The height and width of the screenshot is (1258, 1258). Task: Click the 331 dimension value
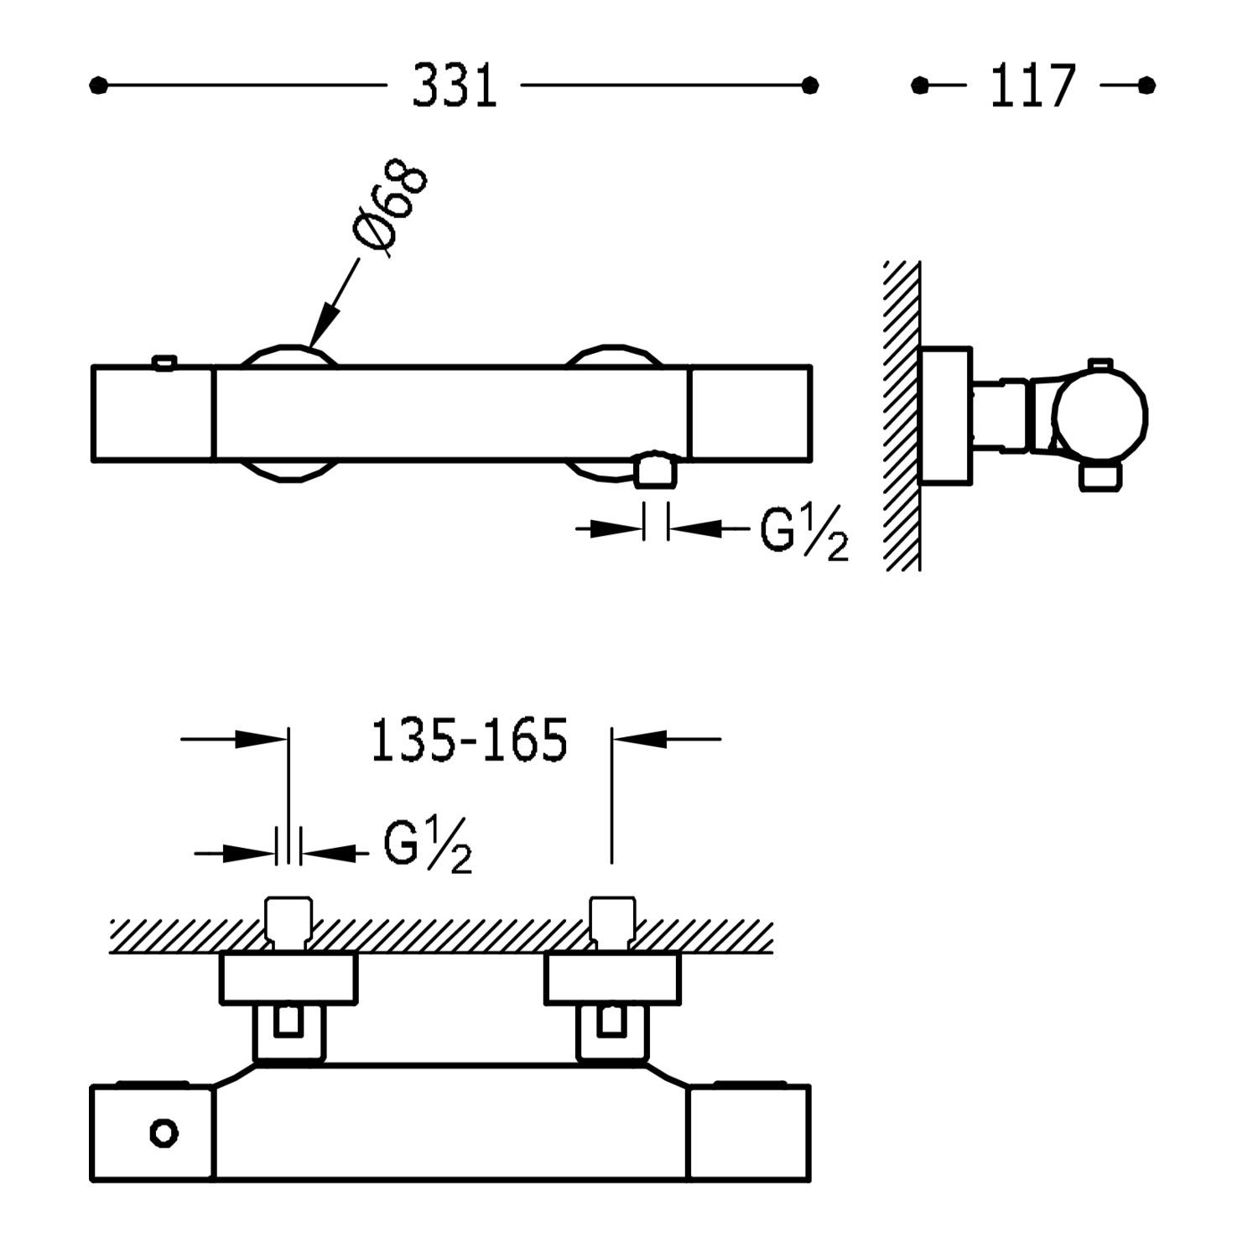point(454,86)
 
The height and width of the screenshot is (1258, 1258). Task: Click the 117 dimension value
point(1032,86)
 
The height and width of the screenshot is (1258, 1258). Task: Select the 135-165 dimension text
point(469,741)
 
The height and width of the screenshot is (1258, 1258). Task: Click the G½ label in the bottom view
point(427,847)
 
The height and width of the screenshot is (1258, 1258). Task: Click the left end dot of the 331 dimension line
point(98,86)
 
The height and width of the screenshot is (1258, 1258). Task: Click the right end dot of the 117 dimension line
point(1147,86)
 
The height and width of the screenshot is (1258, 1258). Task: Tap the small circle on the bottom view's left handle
point(164,1134)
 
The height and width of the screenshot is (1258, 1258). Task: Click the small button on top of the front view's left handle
point(164,362)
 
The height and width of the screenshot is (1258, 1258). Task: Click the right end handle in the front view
point(750,413)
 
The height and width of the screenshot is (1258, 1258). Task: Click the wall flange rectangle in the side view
point(945,415)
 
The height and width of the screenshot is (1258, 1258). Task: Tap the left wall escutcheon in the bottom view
point(289,979)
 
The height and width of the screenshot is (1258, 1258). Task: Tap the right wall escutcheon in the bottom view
point(612,979)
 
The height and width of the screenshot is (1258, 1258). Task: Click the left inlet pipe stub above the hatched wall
point(289,920)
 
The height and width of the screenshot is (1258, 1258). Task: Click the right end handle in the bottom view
point(748,1134)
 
